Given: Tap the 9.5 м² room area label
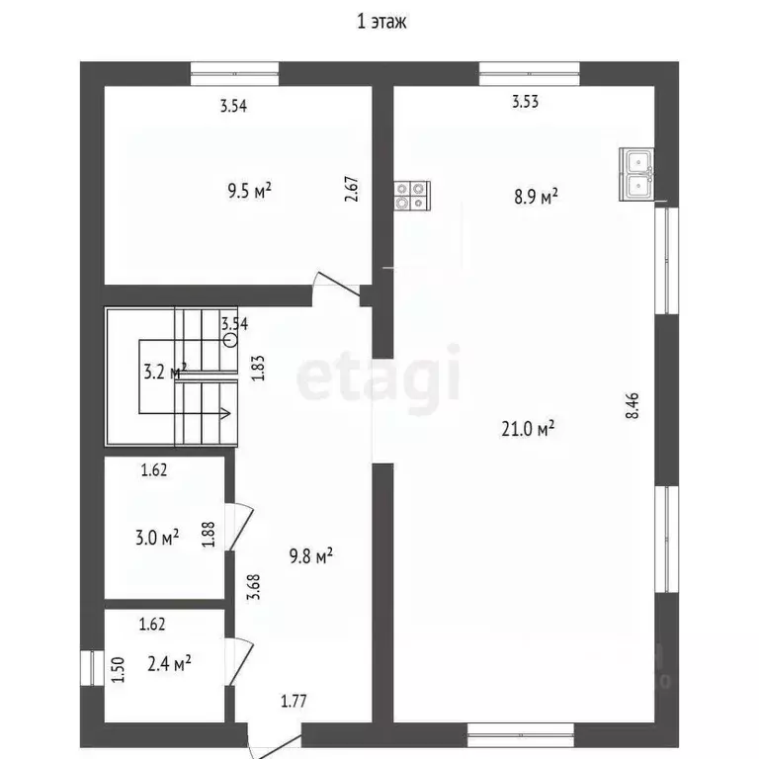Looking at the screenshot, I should pyautogui.click(x=249, y=191).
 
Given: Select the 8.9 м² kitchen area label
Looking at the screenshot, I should pyautogui.click(x=536, y=196).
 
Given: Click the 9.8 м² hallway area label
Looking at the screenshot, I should pyautogui.click(x=310, y=556).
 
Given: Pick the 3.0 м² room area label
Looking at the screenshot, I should pyautogui.click(x=157, y=538).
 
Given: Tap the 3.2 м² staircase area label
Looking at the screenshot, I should pyautogui.click(x=164, y=372).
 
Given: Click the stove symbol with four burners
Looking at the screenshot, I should pyautogui.click(x=411, y=196).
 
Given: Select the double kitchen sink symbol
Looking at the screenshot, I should pyautogui.click(x=637, y=172).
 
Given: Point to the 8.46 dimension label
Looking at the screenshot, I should pyautogui.click(x=632, y=407).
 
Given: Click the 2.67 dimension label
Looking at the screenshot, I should pyautogui.click(x=350, y=189).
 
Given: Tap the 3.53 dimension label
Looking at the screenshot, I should pyautogui.click(x=525, y=101).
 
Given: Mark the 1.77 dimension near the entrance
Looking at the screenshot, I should pyautogui.click(x=294, y=703).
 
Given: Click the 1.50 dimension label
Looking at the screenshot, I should pyautogui.click(x=120, y=670).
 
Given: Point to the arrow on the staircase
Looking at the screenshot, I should pyautogui.click(x=224, y=413).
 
